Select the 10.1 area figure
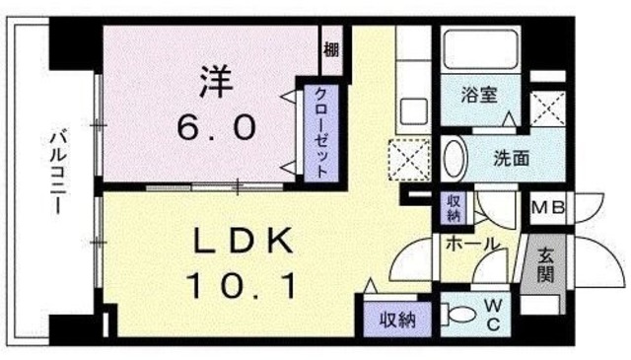coord(240,286)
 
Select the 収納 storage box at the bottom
coord(393,318)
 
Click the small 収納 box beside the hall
coord(452,208)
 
